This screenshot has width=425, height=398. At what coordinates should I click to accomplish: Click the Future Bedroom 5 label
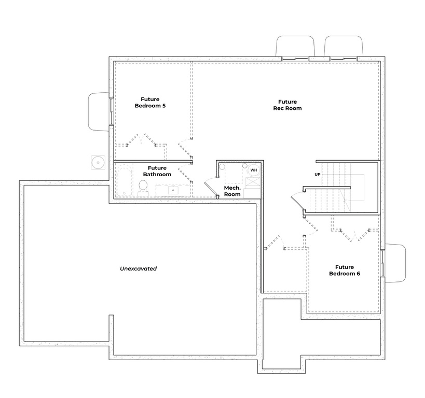coord(150,102)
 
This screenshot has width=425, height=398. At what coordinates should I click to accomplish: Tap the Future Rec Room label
coord(287,105)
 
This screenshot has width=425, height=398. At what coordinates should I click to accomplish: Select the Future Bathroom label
coord(157,171)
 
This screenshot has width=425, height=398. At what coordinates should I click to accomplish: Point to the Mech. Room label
coord(232,191)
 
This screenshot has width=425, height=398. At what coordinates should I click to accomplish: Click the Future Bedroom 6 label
coord(345,270)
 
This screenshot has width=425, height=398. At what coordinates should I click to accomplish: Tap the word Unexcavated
coord(138,268)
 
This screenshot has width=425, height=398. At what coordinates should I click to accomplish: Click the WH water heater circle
coord(253,170)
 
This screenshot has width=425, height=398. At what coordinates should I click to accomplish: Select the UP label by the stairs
coord(318,174)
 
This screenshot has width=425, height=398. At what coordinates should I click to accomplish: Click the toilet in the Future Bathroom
coord(143,188)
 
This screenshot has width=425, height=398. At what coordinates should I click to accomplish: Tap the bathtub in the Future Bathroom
coord(124,180)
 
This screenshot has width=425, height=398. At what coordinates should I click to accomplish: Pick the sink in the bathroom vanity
coord(173,190)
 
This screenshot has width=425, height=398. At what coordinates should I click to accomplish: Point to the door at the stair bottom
coord(298,200)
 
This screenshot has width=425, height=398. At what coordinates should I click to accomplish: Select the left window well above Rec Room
coord(295,46)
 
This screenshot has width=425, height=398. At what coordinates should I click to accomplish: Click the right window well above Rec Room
coord(344,46)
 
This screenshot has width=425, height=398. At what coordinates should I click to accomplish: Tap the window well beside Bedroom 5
coord(99,111)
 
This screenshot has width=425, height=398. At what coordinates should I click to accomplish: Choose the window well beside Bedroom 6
coord(395,263)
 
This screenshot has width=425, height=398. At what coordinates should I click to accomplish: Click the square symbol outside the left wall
coord(98,162)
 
